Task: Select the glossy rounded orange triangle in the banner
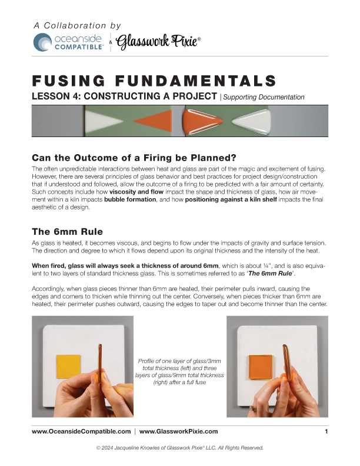202,120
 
